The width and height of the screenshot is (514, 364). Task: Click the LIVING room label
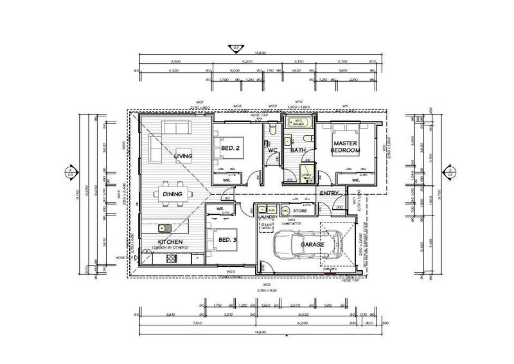184,156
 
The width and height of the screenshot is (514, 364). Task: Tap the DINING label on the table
172,194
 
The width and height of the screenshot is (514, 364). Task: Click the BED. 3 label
228,239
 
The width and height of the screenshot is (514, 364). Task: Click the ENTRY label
330,193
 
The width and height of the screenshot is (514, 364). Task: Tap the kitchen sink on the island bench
163,226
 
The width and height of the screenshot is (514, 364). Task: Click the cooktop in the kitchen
172,259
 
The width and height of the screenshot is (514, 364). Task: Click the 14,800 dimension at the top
260,54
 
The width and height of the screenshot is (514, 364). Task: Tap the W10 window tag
298,102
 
